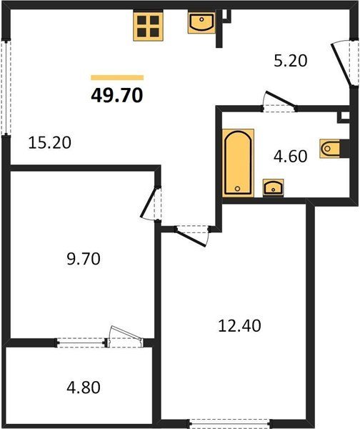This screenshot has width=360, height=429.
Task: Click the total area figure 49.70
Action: [117, 96]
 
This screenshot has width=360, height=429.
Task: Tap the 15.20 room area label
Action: [50, 142]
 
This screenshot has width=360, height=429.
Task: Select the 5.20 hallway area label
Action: [291, 61]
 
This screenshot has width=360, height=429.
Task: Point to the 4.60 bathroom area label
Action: [290, 156]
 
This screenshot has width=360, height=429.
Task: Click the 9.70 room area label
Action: [84, 259]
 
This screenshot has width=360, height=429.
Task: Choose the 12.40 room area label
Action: [239, 326]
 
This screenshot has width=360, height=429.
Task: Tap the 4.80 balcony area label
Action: [84, 388]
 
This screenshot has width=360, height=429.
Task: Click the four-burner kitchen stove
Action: [148, 26]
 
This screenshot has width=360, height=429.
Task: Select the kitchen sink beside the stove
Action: [201, 22]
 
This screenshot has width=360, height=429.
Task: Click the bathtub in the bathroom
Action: [238, 163]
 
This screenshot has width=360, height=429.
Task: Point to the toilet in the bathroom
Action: [330, 149]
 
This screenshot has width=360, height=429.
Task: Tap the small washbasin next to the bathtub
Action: [273, 187]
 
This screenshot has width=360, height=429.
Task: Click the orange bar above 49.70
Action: [117, 78]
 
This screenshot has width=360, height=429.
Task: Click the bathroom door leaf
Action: [281, 99]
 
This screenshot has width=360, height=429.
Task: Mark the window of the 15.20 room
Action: [6, 88]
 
